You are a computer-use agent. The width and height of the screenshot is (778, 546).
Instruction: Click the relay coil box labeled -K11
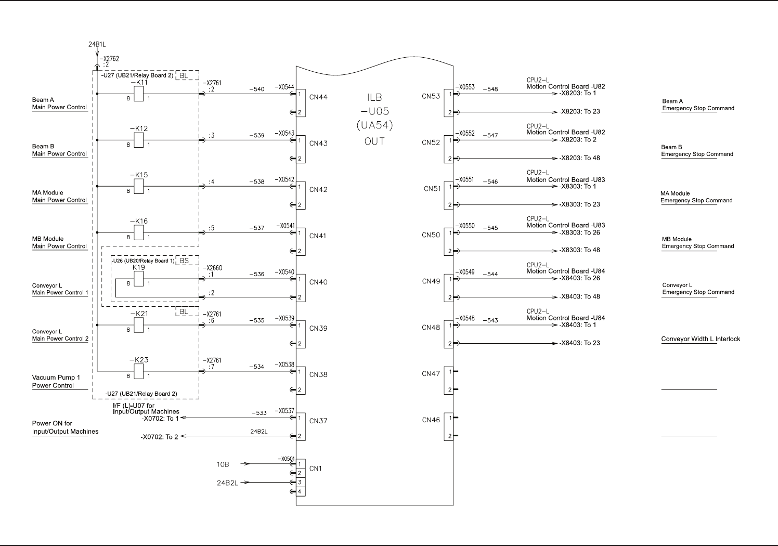(x=139, y=94)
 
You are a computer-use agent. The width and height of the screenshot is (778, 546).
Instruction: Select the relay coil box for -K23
(x=139, y=371)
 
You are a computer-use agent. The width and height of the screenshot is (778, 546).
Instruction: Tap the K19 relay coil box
(x=139, y=279)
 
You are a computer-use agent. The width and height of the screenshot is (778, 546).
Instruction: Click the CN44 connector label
(x=318, y=97)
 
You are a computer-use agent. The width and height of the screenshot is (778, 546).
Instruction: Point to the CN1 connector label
(x=316, y=469)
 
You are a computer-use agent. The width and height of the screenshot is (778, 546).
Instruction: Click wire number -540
(x=257, y=89)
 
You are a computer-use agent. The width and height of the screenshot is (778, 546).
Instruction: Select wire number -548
(x=490, y=89)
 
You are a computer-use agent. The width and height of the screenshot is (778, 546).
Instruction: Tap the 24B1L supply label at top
(x=97, y=45)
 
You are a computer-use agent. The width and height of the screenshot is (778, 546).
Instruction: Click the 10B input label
(x=223, y=464)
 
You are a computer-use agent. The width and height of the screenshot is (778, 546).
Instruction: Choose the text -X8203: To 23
(x=580, y=112)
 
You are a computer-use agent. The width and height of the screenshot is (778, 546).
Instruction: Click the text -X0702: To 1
(x=160, y=418)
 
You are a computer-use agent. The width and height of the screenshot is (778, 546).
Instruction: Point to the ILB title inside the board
(x=374, y=97)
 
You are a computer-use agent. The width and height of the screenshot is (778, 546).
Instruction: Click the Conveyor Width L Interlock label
(x=701, y=339)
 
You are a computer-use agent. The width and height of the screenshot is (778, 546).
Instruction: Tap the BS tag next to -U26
(x=184, y=261)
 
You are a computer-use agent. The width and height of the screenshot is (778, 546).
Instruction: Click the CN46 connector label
(x=431, y=420)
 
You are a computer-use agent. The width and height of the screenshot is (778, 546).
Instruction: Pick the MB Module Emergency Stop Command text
(x=698, y=243)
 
